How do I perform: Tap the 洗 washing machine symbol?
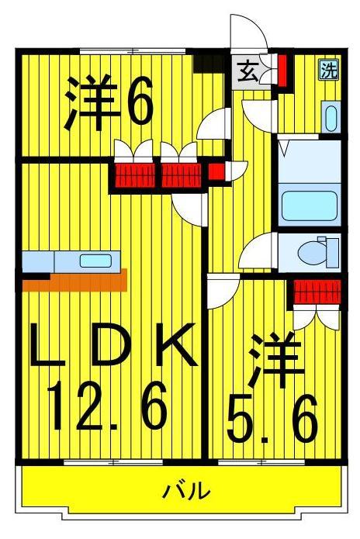coord(329,71)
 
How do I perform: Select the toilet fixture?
coord(319,251)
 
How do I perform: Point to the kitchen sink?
coord(95,261)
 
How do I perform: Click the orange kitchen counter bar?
coord(74,280)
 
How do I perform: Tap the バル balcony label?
coord(187,490)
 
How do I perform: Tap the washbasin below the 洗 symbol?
coord(330,119)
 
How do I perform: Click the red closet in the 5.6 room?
coord(317,294)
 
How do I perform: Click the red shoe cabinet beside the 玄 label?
coord(282,70)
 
